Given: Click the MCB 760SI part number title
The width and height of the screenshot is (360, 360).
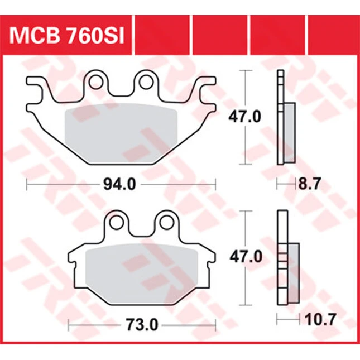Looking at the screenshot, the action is (66, 36).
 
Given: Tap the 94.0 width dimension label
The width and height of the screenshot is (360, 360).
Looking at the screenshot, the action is (119, 184).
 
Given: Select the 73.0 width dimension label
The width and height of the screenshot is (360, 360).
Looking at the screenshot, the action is (142, 325).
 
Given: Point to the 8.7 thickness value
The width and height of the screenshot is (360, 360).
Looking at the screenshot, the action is (309, 184).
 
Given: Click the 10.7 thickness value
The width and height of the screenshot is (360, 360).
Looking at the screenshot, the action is (320, 319).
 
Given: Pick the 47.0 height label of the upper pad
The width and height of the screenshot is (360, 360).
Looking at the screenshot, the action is (244, 117).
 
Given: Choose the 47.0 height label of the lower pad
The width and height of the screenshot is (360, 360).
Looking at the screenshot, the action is (246, 257).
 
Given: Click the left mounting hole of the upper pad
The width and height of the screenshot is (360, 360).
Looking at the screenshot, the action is (96, 82).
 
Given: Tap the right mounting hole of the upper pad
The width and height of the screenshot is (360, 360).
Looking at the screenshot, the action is (146, 82).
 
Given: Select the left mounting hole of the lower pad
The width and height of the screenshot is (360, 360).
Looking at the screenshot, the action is (117, 222).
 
